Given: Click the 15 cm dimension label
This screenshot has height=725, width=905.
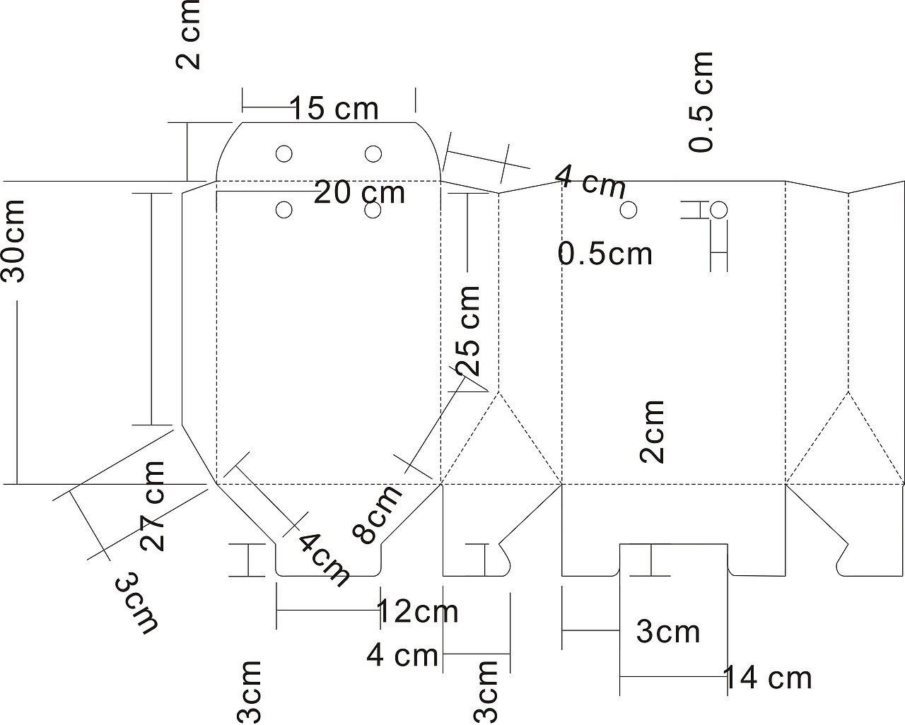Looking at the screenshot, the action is (334, 108).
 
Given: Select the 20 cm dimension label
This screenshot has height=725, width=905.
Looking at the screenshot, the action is (359, 192).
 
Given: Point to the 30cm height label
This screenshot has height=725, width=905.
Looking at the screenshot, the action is (13, 240).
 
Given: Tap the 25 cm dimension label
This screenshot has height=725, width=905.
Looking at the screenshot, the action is (467, 331).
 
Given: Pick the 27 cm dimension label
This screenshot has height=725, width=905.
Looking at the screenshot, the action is (152, 506).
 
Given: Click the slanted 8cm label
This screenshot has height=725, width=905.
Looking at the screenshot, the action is (378, 514).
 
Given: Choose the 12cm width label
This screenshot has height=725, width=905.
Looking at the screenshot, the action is (418, 611).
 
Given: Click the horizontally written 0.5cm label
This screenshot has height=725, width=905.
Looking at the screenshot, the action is (605, 254).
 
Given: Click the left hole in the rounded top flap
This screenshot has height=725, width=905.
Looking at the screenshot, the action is (284, 154).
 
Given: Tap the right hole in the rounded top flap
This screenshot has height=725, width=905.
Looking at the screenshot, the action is (373, 154).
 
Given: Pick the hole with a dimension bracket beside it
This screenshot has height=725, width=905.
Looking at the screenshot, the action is (718, 210).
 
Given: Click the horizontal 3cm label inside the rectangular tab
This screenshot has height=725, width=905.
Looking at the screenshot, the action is (668, 632).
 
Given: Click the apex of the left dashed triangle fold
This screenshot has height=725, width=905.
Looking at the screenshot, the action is (498, 391).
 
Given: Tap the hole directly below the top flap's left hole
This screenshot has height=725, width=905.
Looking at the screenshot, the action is (284, 210).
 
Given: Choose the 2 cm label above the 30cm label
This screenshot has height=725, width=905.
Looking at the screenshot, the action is (187, 35).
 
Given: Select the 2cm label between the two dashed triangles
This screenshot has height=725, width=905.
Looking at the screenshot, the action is (651, 432).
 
